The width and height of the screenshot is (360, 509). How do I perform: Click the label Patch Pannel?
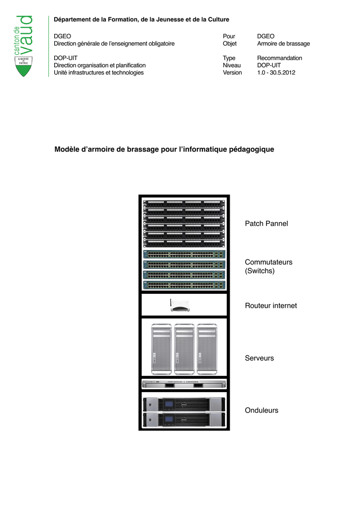(x=266, y=224)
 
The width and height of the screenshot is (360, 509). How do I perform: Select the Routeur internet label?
(x=270, y=306)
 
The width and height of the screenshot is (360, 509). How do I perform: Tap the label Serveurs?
(x=259, y=358)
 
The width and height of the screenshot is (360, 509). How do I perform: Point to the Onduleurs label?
(x=262, y=411)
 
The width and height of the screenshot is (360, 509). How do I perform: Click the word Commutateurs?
(x=269, y=262)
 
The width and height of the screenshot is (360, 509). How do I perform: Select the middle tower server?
(x=184, y=349)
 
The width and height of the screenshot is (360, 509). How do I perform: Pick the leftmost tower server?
(x=161, y=349)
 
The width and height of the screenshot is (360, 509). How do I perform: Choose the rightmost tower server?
(x=206, y=349)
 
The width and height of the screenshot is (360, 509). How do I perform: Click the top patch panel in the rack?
(x=184, y=202)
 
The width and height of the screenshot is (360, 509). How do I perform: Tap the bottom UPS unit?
(x=184, y=420)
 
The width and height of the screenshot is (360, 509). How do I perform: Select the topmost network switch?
(x=184, y=254)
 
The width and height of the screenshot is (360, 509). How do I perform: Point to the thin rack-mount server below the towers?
(x=184, y=384)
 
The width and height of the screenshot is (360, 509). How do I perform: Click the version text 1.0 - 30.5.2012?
(x=276, y=73)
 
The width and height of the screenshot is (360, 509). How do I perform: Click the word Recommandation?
(x=279, y=58)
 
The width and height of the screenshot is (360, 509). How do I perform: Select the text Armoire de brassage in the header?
(x=283, y=44)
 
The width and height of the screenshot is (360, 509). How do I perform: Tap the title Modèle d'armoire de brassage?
(x=164, y=149)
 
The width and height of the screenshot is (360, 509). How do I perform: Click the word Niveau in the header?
(x=232, y=65)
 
